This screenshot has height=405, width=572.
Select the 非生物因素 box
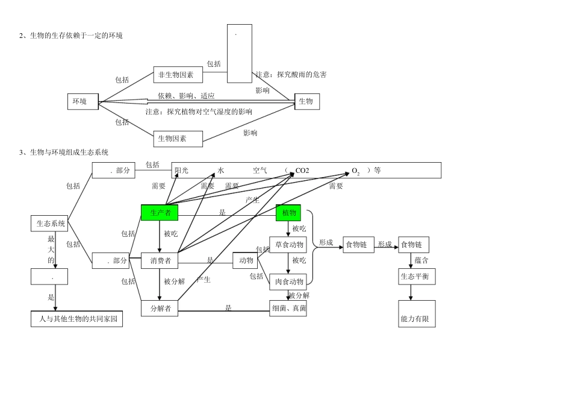[x=178, y=75]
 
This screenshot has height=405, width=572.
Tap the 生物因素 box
[x=178, y=139]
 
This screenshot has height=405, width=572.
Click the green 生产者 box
[x=160, y=213]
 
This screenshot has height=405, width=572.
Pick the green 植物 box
[x=288, y=213]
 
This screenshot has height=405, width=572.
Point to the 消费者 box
[x=160, y=260]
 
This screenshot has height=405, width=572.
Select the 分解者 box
[x=160, y=309]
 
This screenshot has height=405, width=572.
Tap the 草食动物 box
[x=288, y=245]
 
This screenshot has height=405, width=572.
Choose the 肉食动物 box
[x=288, y=281]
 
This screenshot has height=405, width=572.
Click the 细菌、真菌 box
[x=288, y=309]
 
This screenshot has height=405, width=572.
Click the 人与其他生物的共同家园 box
[x=76, y=318]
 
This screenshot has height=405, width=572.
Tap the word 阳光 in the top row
[x=181, y=171]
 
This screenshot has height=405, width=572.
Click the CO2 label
[x=302, y=171]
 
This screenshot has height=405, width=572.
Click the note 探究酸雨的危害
[x=291, y=75]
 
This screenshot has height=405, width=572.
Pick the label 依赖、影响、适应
[x=186, y=96]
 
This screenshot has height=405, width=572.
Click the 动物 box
[x=245, y=260]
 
